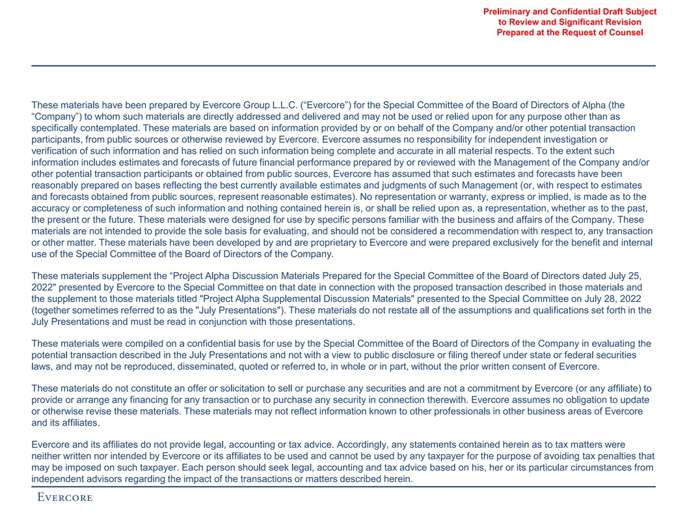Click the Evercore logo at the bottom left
click(x=64, y=498)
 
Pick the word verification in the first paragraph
click(x=56, y=151)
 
